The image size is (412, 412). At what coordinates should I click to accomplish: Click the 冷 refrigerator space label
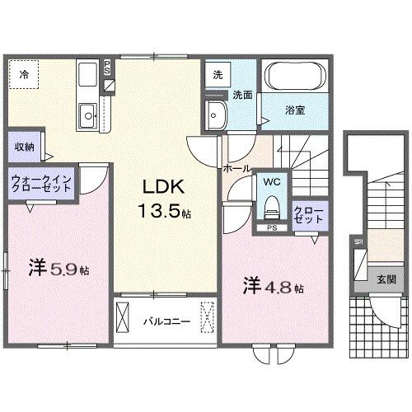click(25, 75)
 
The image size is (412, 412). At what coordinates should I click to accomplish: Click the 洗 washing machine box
click(217, 74)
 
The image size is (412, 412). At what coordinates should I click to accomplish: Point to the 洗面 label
click(241, 94)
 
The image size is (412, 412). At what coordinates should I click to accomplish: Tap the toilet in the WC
click(273, 203)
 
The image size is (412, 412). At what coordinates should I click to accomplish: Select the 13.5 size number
click(159, 212)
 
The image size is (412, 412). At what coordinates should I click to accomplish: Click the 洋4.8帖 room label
click(273, 287)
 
